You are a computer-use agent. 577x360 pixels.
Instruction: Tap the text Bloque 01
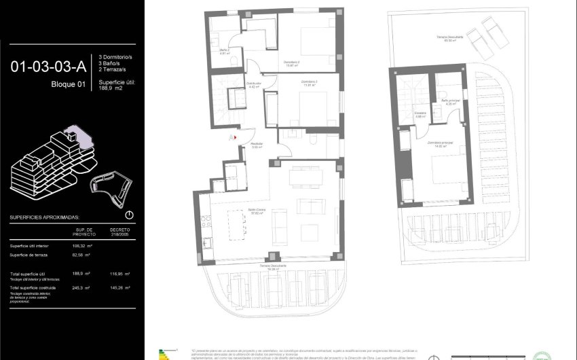click(x=69, y=84)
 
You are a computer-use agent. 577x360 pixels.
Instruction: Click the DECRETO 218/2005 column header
click(x=119, y=232)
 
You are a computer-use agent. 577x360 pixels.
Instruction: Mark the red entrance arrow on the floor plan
click(x=236, y=137)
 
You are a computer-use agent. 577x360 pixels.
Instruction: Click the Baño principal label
click(x=450, y=102)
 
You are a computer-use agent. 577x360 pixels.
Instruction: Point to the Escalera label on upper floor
click(x=420, y=115)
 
